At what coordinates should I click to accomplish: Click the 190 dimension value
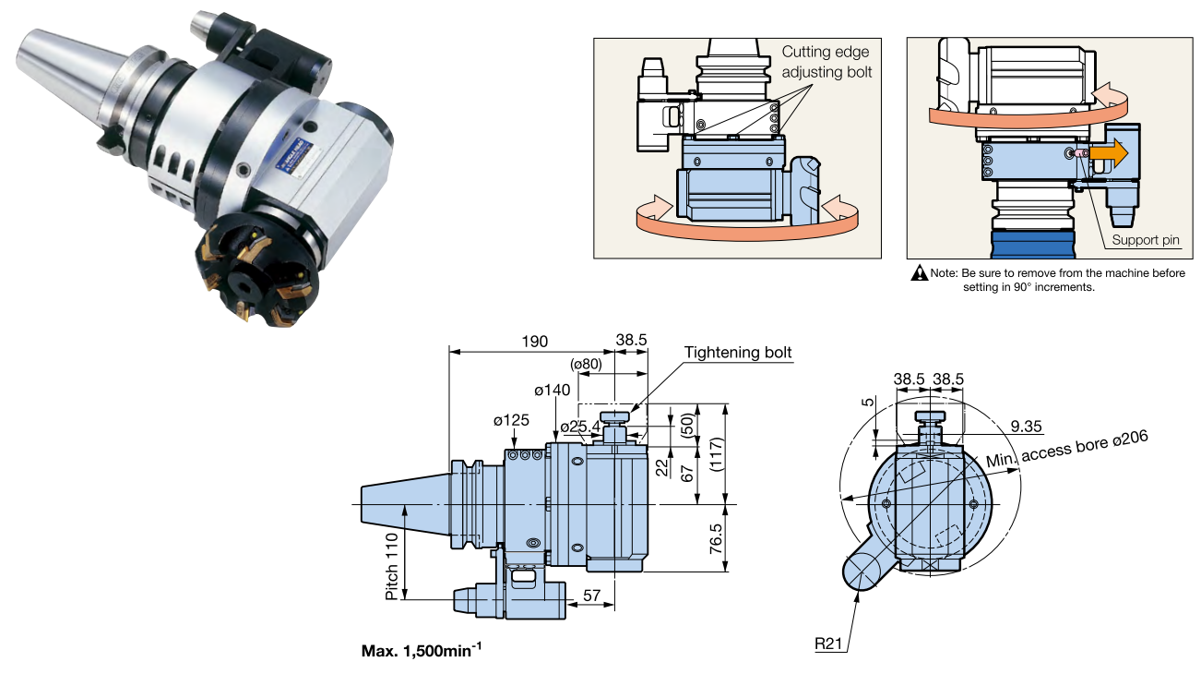coord(532,341)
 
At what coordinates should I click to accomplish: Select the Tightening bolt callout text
coord(738,353)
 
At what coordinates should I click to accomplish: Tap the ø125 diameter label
coord(511,420)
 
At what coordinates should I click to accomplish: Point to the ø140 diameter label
coord(552,390)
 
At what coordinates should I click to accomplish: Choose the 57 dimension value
coord(591,596)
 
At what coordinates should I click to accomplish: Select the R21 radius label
coord(828,644)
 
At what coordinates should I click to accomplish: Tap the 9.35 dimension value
coord(1026,426)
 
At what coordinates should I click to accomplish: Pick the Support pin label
coord(1146,240)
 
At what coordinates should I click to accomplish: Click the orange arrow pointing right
coord(1109,152)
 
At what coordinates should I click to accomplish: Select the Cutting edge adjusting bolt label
coord(826,62)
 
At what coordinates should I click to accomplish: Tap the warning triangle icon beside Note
coord(920,273)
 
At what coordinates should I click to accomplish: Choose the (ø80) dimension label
coord(586,364)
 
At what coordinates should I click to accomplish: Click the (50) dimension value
coord(685,425)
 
